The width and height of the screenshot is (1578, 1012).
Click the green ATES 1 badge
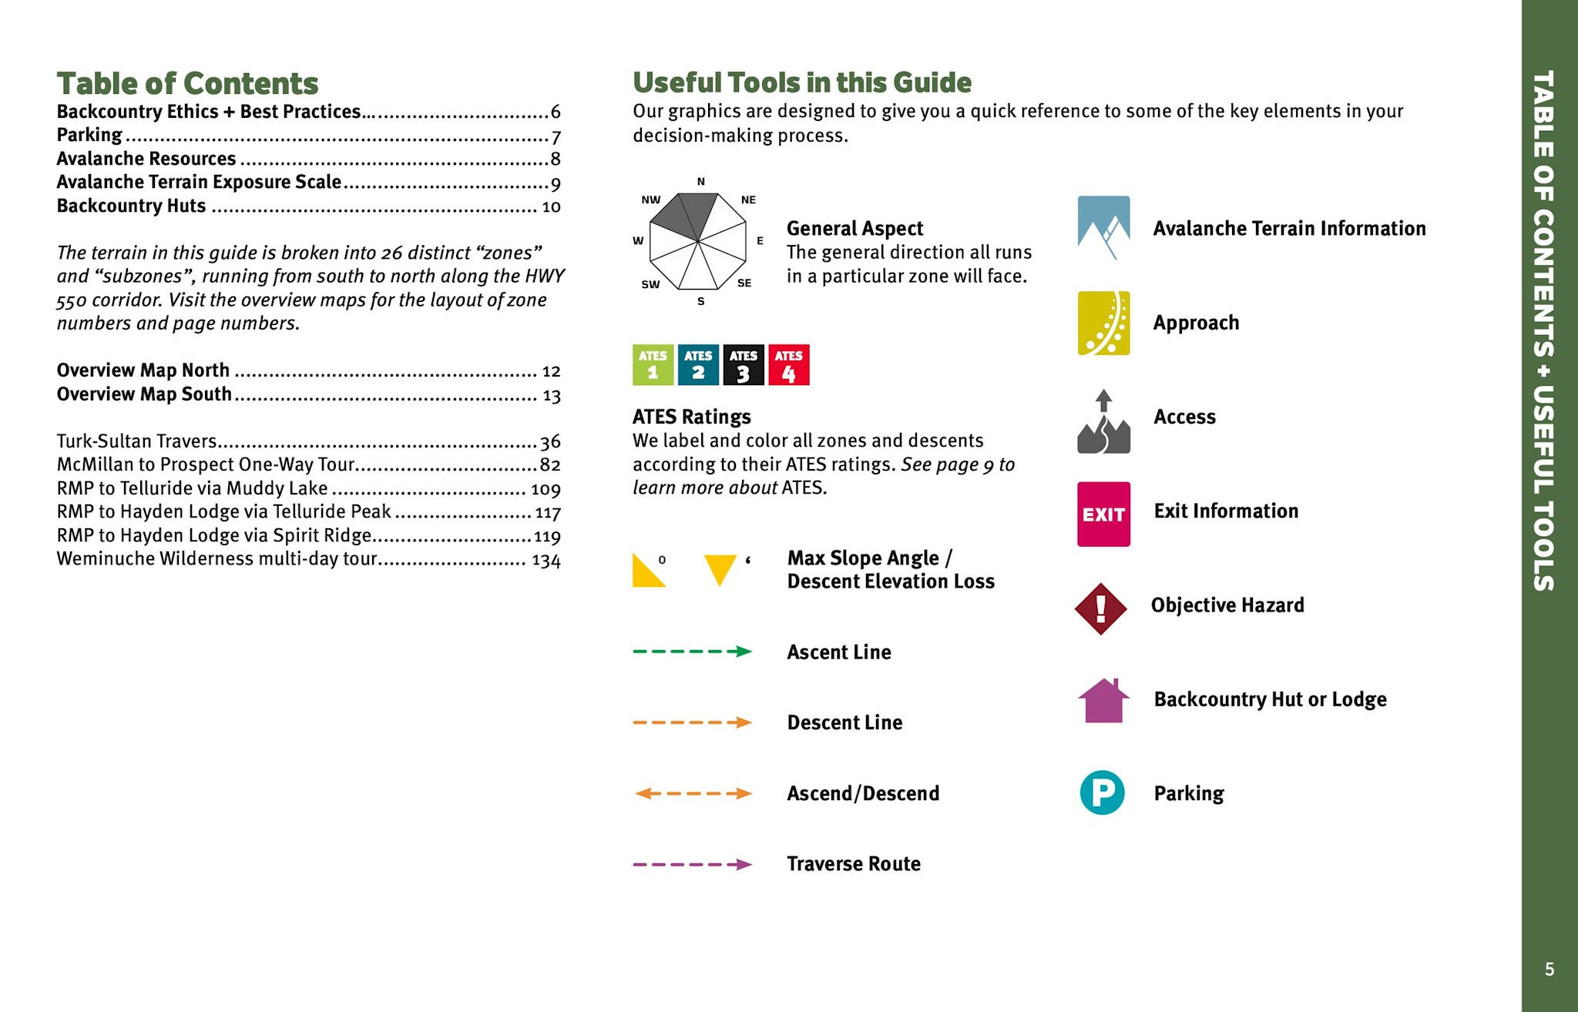click(x=653, y=365)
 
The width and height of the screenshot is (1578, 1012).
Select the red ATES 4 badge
click(x=788, y=365)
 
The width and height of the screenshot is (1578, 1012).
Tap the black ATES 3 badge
click(x=743, y=365)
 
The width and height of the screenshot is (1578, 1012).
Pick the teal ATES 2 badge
click(x=698, y=365)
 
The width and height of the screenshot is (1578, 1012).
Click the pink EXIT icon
click(x=1103, y=514)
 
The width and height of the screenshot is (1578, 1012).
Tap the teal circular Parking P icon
click(x=1102, y=793)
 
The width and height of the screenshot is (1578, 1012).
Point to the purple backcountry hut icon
click(x=1103, y=700)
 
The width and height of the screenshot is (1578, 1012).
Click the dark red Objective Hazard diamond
click(x=1101, y=608)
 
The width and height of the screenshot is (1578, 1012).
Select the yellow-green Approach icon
click(x=1103, y=323)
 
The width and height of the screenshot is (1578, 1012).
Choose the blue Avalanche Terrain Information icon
click(x=1103, y=227)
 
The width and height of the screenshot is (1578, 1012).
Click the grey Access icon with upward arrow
click(x=1103, y=421)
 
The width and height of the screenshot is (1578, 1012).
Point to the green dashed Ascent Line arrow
click(x=692, y=652)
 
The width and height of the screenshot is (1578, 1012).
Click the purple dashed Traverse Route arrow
click(x=692, y=864)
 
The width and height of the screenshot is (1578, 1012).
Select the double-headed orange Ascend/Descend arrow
click(x=692, y=793)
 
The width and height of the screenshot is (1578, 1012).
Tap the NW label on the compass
click(x=650, y=199)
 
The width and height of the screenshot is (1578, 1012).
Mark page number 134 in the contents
click(x=546, y=561)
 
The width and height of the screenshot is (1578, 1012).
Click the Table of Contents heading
click(x=187, y=83)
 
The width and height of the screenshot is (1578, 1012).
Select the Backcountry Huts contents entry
click(x=131, y=206)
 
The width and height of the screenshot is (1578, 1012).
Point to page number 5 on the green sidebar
click(x=1549, y=969)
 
